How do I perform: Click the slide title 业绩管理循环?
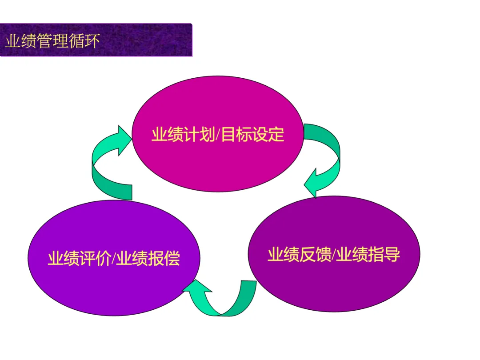[52, 41]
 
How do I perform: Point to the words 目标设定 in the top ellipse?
[253, 134]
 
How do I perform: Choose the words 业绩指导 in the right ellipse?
[368, 255]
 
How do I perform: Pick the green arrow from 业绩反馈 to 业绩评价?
[222, 302]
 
